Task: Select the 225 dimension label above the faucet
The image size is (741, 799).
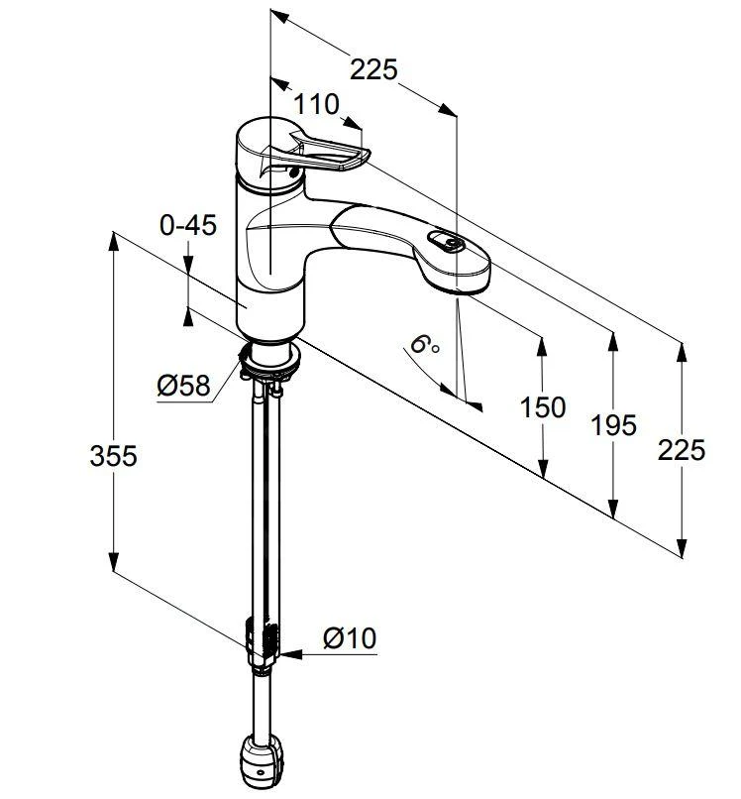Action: pos(374,69)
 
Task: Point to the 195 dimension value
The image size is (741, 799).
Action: pos(614,425)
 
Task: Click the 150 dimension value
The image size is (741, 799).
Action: pos(543,407)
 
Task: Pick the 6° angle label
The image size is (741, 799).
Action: pos(424,346)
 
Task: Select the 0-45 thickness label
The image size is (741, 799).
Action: pos(187,225)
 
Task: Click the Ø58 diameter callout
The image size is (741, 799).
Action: pos(183,385)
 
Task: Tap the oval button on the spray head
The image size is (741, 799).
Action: pos(446,241)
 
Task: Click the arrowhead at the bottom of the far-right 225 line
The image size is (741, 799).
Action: pos(682,547)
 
